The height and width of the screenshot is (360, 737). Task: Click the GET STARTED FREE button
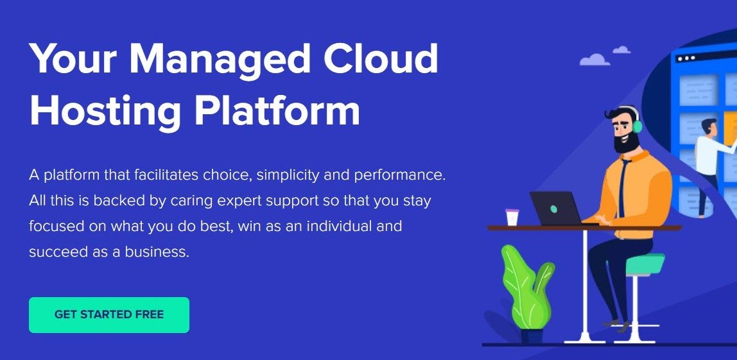[109, 315]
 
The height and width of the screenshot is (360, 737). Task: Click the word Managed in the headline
[220, 60]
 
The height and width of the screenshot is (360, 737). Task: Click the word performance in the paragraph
[399, 176]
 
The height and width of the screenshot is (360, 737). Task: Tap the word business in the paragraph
[157, 252]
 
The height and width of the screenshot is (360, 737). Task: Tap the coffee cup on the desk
[512, 217]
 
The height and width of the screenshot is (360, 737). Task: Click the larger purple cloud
[594, 60]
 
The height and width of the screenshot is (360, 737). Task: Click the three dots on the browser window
[687, 58]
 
